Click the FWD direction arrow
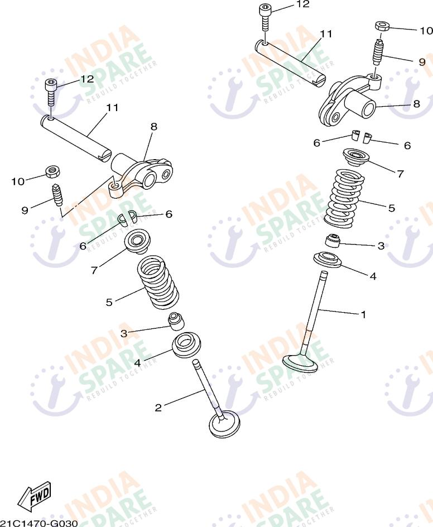pos(35,496)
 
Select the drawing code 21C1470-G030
pos(39,523)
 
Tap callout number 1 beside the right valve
pos(363,315)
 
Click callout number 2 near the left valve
pos(158,408)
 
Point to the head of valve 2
pos(224,424)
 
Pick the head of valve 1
pos(300,363)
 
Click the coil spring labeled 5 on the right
pos(345,198)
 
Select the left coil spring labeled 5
pos(158,282)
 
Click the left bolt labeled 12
pos(51,93)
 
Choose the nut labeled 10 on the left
pos(53,172)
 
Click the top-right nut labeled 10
pos(382,26)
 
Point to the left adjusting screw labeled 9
pos(57,195)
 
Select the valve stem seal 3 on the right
pos(333,240)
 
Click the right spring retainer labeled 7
pos(356,157)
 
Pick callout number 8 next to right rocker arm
pos(417,104)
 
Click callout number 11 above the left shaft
pos(112,108)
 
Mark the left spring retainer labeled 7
pos(137,242)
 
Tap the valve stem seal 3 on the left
pos(176,322)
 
